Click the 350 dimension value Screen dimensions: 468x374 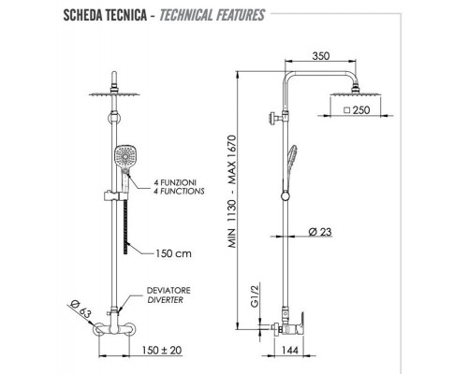tap(321, 56)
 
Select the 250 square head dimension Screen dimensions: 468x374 tap(357, 110)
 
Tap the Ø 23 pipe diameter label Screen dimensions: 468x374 tap(320, 232)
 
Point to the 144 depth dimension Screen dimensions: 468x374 tap(290, 350)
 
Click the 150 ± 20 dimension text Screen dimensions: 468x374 tap(162, 350)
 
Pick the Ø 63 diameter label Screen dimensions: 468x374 tap(80, 309)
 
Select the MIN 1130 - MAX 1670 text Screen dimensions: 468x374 tap(232, 191)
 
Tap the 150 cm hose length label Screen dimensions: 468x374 tap(173, 253)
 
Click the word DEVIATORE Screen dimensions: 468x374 tap(168, 291)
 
